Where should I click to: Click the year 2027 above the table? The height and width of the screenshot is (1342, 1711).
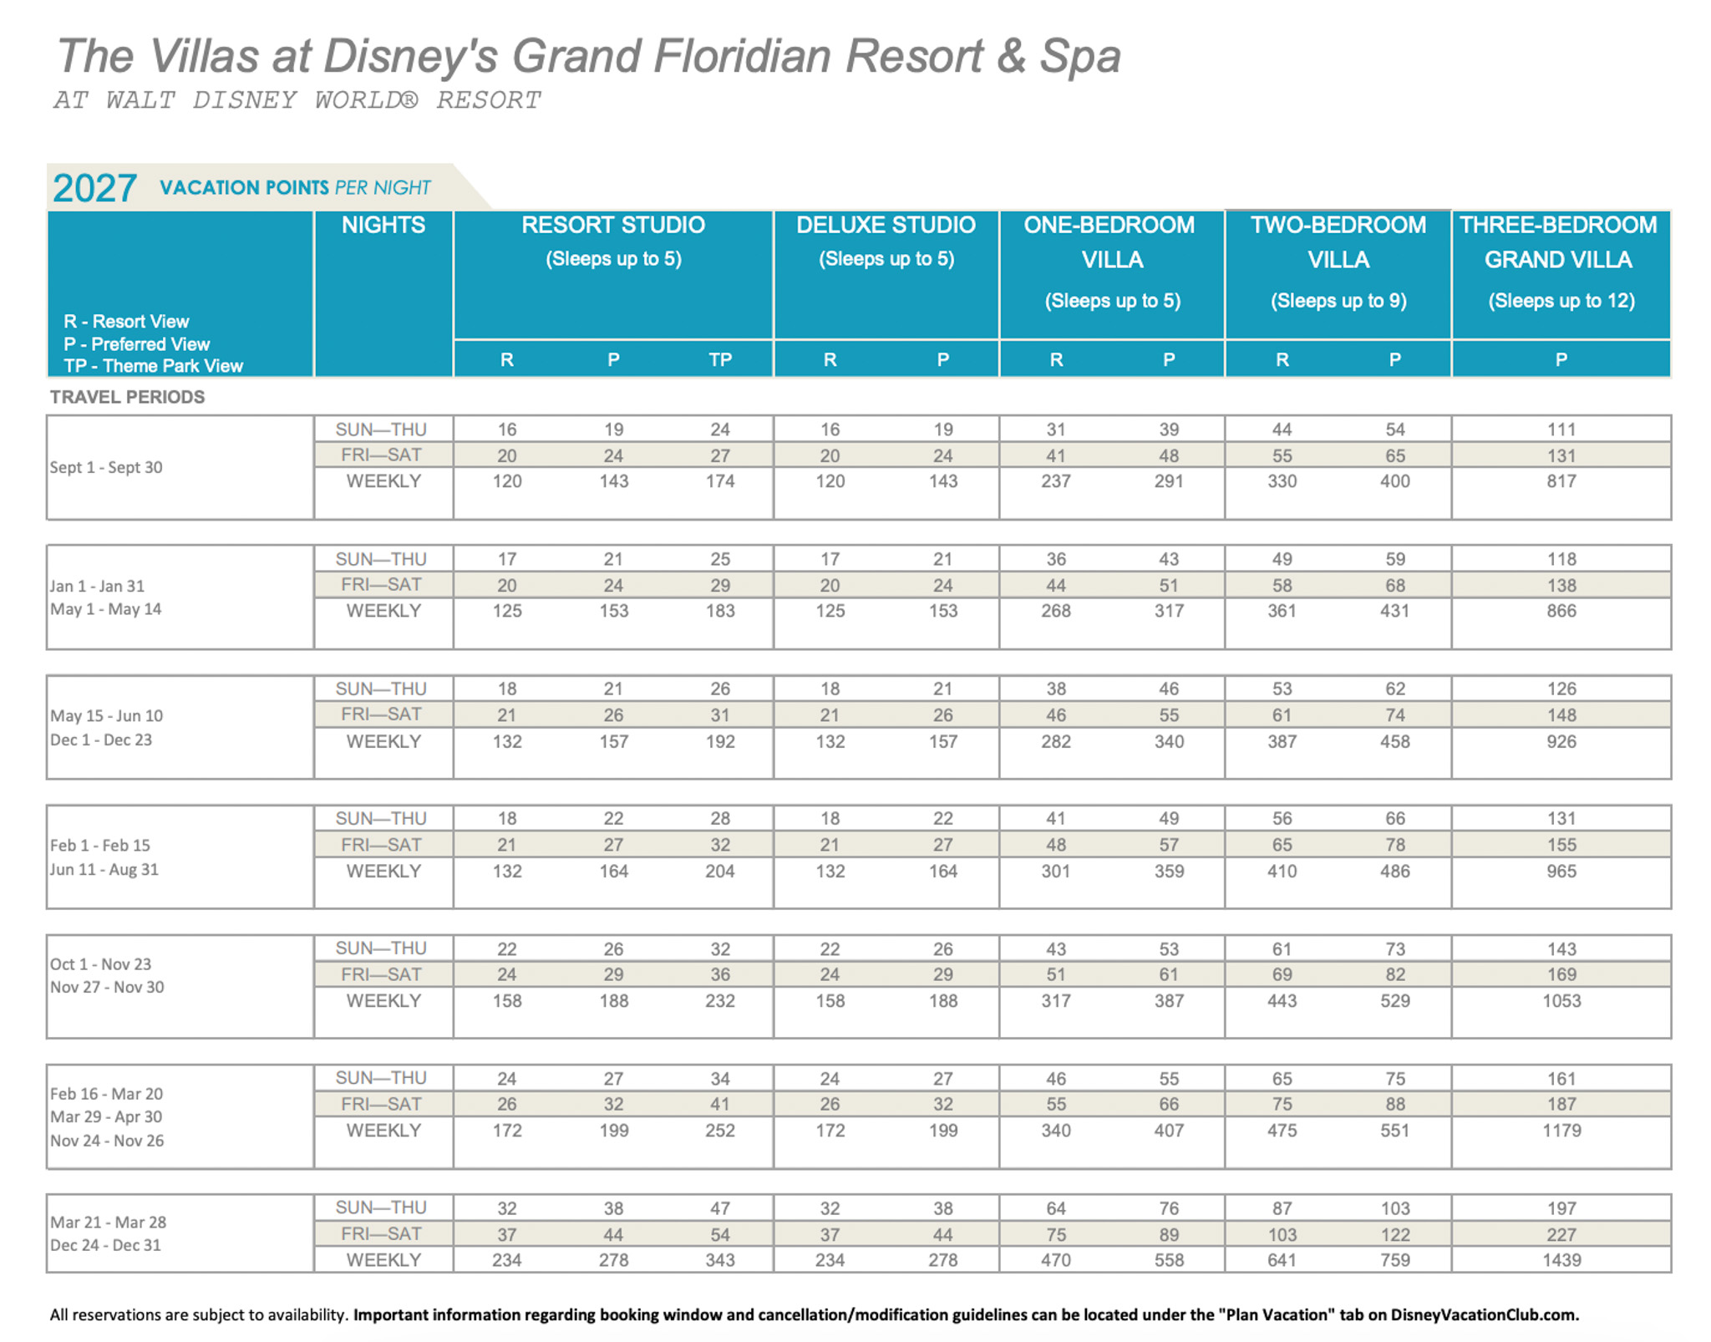[94, 188]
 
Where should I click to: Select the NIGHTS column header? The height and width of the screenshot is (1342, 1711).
[383, 226]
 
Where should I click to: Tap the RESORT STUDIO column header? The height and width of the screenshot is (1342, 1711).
[613, 226]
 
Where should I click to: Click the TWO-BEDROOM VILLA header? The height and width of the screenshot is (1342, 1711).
[1338, 242]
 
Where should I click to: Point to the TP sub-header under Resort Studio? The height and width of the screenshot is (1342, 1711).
[720, 360]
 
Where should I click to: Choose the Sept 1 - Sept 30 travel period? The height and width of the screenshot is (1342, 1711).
[106, 468]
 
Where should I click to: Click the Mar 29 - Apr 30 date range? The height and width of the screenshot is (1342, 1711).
[106, 1117]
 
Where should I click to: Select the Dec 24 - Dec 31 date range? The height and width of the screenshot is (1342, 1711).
[106, 1245]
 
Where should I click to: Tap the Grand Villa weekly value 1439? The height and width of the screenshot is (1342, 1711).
[1561, 1260]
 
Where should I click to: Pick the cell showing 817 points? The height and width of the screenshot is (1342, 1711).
[1561, 481]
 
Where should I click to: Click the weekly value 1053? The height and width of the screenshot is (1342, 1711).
[1561, 1001]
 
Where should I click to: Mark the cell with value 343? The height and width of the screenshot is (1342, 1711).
[720, 1260]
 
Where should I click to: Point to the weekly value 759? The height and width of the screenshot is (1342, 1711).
[1394, 1260]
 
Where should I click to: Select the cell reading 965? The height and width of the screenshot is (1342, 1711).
[1561, 872]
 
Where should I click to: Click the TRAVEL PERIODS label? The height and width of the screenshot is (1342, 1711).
[127, 398]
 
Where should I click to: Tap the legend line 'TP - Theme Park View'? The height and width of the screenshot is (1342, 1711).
[153, 366]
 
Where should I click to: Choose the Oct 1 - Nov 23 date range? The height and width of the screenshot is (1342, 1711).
[101, 964]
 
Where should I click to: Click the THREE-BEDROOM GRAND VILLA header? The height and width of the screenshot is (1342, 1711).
[1558, 242]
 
